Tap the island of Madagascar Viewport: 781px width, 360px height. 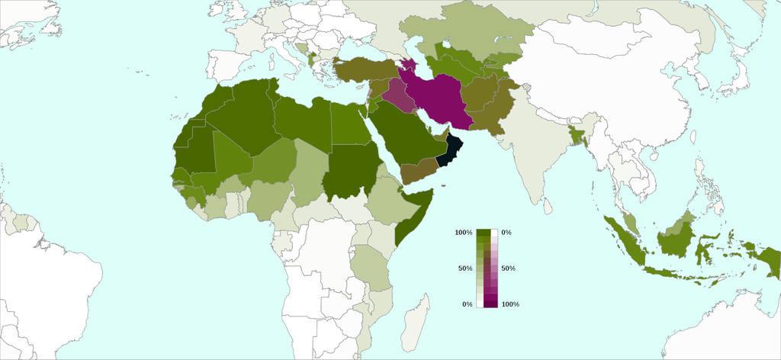(416, 320)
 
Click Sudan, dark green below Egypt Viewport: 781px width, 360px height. (351, 172)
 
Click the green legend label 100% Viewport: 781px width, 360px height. (464, 232)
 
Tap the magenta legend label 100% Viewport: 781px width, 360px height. (510, 304)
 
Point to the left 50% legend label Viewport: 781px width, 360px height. (465, 268)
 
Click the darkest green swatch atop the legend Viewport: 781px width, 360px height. (483, 232)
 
